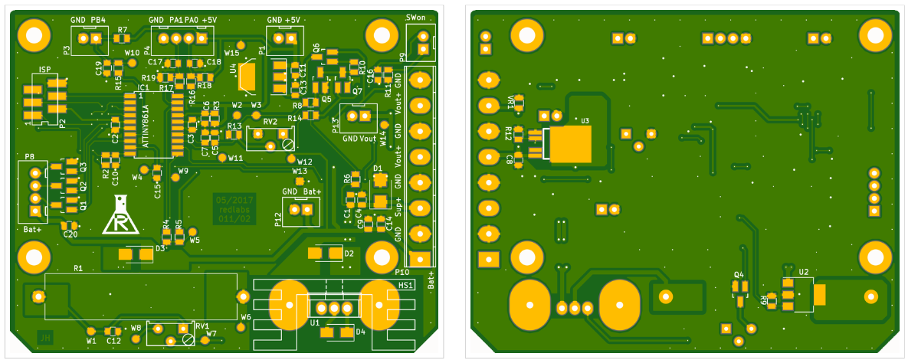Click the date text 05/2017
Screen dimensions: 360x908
(x=234, y=199)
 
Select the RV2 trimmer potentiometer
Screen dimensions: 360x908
(x=270, y=138)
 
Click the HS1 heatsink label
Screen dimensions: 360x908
(x=406, y=285)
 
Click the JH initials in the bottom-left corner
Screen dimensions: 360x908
(x=45, y=336)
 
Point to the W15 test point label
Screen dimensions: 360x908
(x=231, y=53)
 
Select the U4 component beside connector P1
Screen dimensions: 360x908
(x=247, y=77)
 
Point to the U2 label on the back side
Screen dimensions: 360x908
(x=804, y=271)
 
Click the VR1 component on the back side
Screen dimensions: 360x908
(x=519, y=103)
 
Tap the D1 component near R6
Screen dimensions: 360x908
(x=379, y=182)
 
